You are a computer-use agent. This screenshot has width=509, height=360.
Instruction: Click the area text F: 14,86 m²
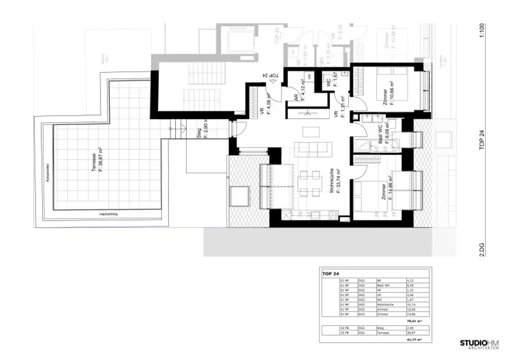pos(391,187)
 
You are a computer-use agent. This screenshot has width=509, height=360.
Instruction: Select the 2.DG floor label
pos(481,248)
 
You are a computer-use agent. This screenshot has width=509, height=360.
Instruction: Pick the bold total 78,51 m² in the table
pos(414,321)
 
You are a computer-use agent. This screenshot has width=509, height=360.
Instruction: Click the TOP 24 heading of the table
pos(331,273)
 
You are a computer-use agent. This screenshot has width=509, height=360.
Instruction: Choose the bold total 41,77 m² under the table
pos(414,340)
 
